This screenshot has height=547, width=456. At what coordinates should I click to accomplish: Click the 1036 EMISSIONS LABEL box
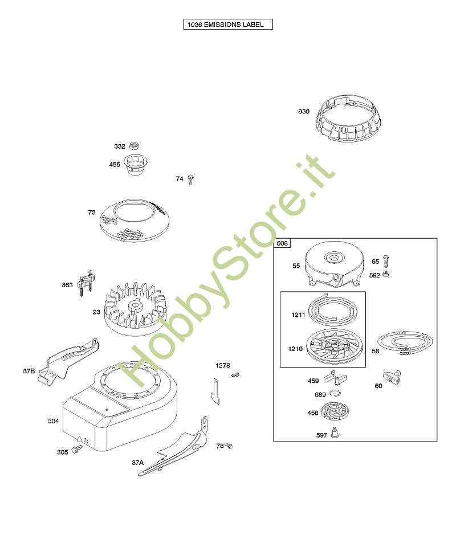228,25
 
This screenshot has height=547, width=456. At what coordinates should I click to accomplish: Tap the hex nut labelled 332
133,146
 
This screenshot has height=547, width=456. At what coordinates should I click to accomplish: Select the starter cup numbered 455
133,164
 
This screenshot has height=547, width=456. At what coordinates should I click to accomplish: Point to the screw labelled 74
190,179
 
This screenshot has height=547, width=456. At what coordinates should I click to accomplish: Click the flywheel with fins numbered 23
135,308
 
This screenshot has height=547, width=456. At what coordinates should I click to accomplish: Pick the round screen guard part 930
348,118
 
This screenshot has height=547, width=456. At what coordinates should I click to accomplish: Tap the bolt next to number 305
77,449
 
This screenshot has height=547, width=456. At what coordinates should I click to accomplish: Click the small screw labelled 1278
235,375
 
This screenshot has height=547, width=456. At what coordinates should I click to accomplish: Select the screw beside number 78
229,446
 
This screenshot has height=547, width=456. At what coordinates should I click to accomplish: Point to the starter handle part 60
392,377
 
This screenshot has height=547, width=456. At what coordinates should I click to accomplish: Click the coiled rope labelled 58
405,343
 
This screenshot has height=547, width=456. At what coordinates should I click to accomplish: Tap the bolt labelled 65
386,261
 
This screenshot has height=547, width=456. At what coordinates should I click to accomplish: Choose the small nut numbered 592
386,274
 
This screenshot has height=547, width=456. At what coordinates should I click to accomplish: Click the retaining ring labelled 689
335,393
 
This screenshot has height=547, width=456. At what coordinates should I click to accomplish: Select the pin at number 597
335,432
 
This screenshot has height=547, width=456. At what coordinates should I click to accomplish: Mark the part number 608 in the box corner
282,243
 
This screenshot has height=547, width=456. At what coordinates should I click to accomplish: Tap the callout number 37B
29,371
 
